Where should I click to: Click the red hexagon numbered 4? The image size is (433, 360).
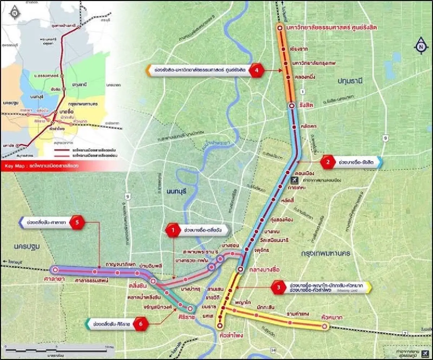pos(257,71)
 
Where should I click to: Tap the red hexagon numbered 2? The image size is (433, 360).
pos(328,162)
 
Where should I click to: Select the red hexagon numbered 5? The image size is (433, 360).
pos(77,223)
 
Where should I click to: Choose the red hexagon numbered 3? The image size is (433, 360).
pos(279,287)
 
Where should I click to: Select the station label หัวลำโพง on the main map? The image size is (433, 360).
pos(231,335)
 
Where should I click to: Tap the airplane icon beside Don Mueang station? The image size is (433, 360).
pos(294,179)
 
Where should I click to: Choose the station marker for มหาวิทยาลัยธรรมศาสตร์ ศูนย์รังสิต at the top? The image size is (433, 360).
pos(280,28)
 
